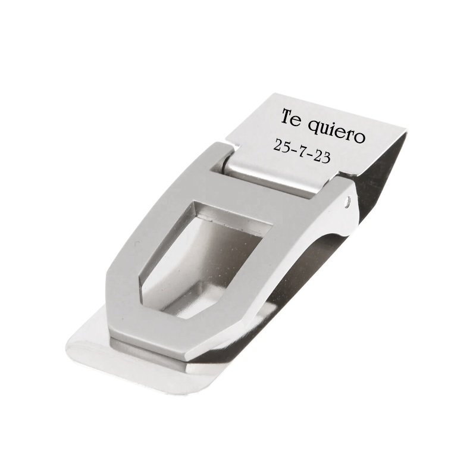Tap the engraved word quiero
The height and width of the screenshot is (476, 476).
point(335,132)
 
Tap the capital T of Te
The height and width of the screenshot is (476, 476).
point(287,116)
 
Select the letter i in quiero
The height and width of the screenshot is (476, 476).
point(332,129)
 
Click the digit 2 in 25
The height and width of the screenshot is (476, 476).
point(277,144)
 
